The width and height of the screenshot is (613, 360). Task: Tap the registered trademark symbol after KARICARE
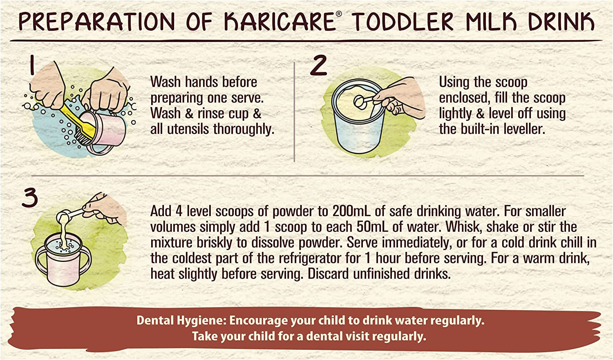point(338,13)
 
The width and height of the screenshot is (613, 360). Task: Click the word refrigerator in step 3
point(320,258)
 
